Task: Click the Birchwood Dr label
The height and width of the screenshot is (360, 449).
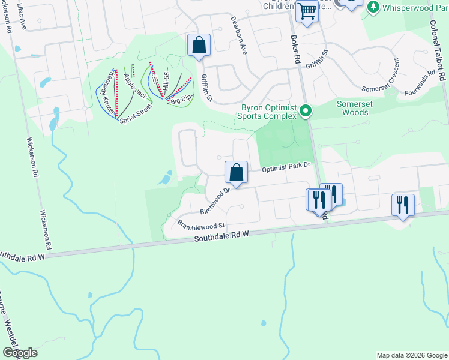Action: (215, 202)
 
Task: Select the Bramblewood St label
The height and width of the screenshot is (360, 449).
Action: (201, 225)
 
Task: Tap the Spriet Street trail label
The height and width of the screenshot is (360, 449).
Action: (136, 113)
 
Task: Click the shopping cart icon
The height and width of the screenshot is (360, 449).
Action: (307, 10)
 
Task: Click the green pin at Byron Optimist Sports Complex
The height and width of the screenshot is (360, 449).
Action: (306, 110)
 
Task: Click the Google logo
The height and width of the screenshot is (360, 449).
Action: (19, 353)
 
